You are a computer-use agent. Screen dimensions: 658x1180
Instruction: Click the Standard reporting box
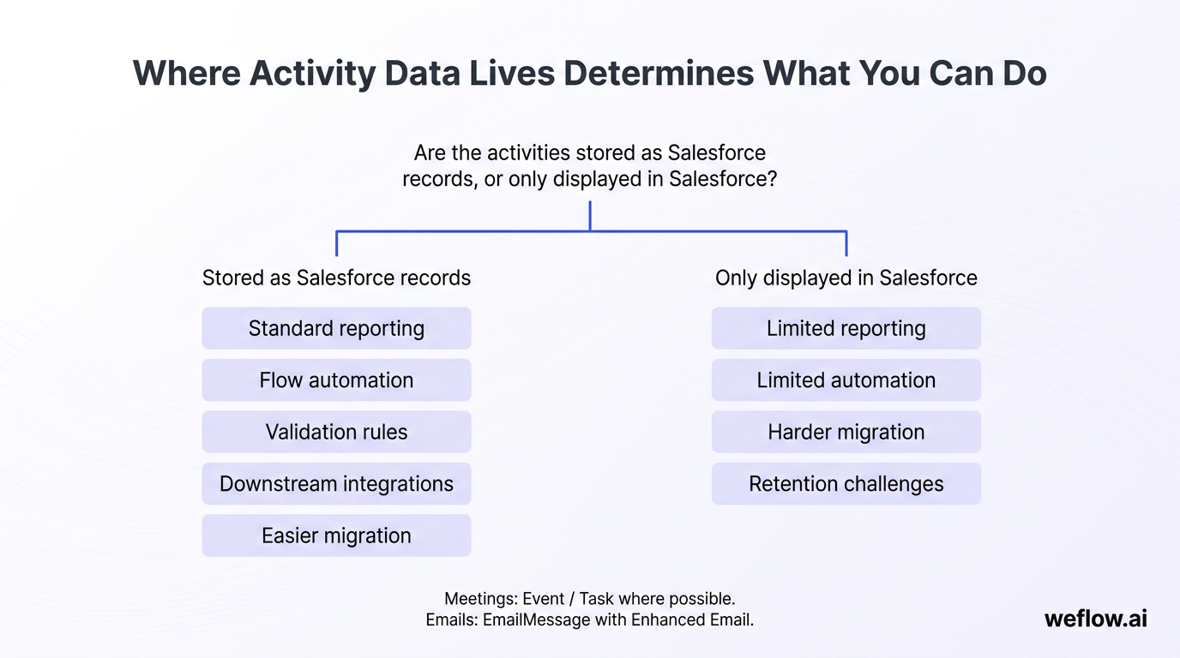(336, 328)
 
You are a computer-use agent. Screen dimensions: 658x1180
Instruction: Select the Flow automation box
(336, 380)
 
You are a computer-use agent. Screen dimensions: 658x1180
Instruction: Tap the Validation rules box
(336, 432)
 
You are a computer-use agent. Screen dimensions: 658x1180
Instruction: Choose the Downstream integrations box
(336, 484)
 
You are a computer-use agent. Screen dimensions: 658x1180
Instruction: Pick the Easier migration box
(336, 535)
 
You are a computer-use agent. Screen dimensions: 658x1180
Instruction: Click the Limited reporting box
(846, 328)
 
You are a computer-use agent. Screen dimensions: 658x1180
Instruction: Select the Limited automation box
(846, 380)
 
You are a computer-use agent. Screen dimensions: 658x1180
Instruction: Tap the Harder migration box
(846, 432)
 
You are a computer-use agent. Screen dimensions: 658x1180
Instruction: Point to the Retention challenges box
(846, 484)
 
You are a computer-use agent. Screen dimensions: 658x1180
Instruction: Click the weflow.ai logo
(1095, 619)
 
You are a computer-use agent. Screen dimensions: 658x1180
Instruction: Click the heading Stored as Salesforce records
(336, 278)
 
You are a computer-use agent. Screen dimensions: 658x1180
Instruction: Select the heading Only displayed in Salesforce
(846, 278)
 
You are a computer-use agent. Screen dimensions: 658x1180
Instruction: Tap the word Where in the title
(186, 74)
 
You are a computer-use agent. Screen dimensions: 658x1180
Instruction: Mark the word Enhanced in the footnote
(667, 620)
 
